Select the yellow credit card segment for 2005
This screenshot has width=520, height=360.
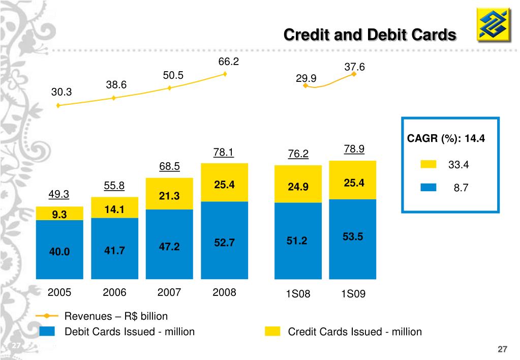(x=59, y=214)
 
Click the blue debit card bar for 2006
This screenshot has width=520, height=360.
(x=114, y=249)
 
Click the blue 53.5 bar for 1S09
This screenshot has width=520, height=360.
(x=353, y=239)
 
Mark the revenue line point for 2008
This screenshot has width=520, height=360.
(x=225, y=74)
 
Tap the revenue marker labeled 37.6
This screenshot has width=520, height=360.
(x=354, y=74)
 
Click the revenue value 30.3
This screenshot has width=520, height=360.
(x=62, y=93)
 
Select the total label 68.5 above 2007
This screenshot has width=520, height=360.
(x=169, y=167)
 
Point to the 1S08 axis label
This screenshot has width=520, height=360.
(x=297, y=294)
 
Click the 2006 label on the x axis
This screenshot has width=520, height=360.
(x=114, y=293)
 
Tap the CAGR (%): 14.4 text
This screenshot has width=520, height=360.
(x=445, y=138)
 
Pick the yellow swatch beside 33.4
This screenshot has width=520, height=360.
(x=429, y=164)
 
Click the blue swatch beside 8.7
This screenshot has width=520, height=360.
(x=429, y=187)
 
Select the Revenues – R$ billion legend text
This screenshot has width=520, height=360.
(x=116, y=316)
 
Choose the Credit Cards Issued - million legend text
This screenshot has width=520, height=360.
(x=355, y=332)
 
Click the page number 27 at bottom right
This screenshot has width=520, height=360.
(x=502, y=349)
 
